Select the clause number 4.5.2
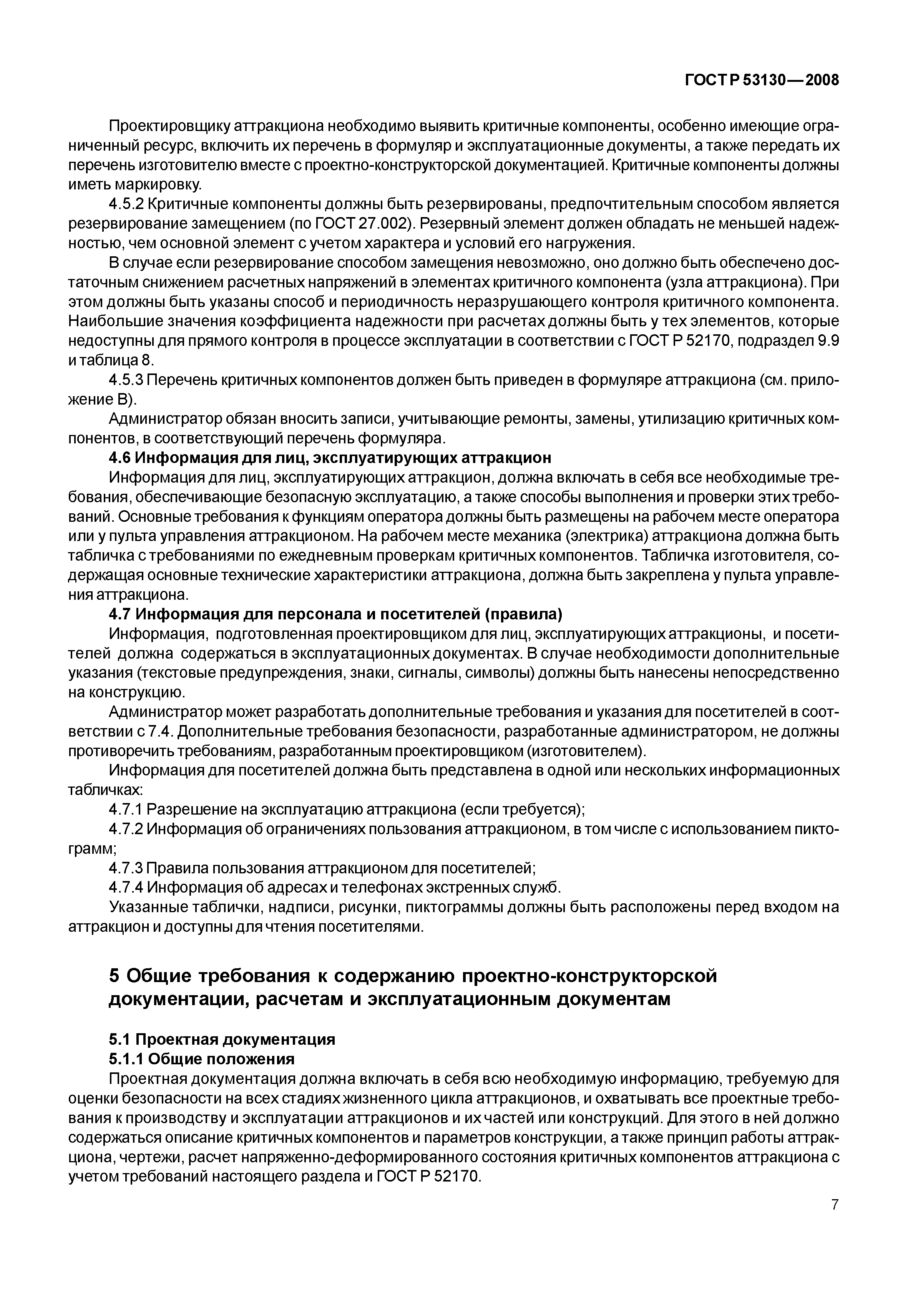(x=125, y=204)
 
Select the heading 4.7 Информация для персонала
(x=336, y=614)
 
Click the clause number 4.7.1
(x=125, y=809)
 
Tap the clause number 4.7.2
(x=125, y=829)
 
